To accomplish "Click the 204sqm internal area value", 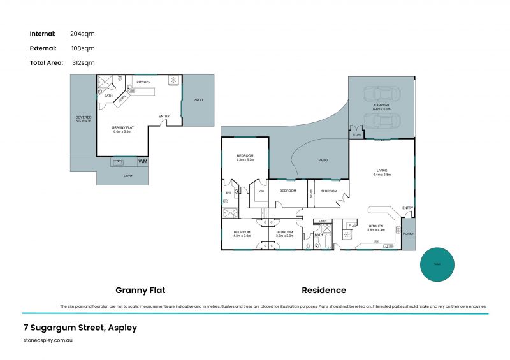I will click(x=83, y=34).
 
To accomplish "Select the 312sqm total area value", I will click(x=83, y=62).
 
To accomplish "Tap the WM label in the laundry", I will click(x=142, y=162).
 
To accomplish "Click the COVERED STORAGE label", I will click(x=84, y=119).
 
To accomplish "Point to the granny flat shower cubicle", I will click(x=105, y=82).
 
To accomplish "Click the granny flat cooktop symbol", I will click(x=173, y=80).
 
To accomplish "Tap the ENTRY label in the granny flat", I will click(x=164, y=115).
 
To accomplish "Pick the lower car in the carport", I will click(x=381, y=120).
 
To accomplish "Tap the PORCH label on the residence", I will click(x=408, y=234).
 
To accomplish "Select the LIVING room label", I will click(x=381, y=171).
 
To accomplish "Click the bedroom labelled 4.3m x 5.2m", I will click(x=245, y=157).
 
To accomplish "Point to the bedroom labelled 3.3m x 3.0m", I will click(x=284, y=234).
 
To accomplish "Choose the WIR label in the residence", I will click(x=261, y=190).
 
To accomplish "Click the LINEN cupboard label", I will click(x=323, y=221).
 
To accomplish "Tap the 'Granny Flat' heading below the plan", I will click(x=140, y=290).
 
